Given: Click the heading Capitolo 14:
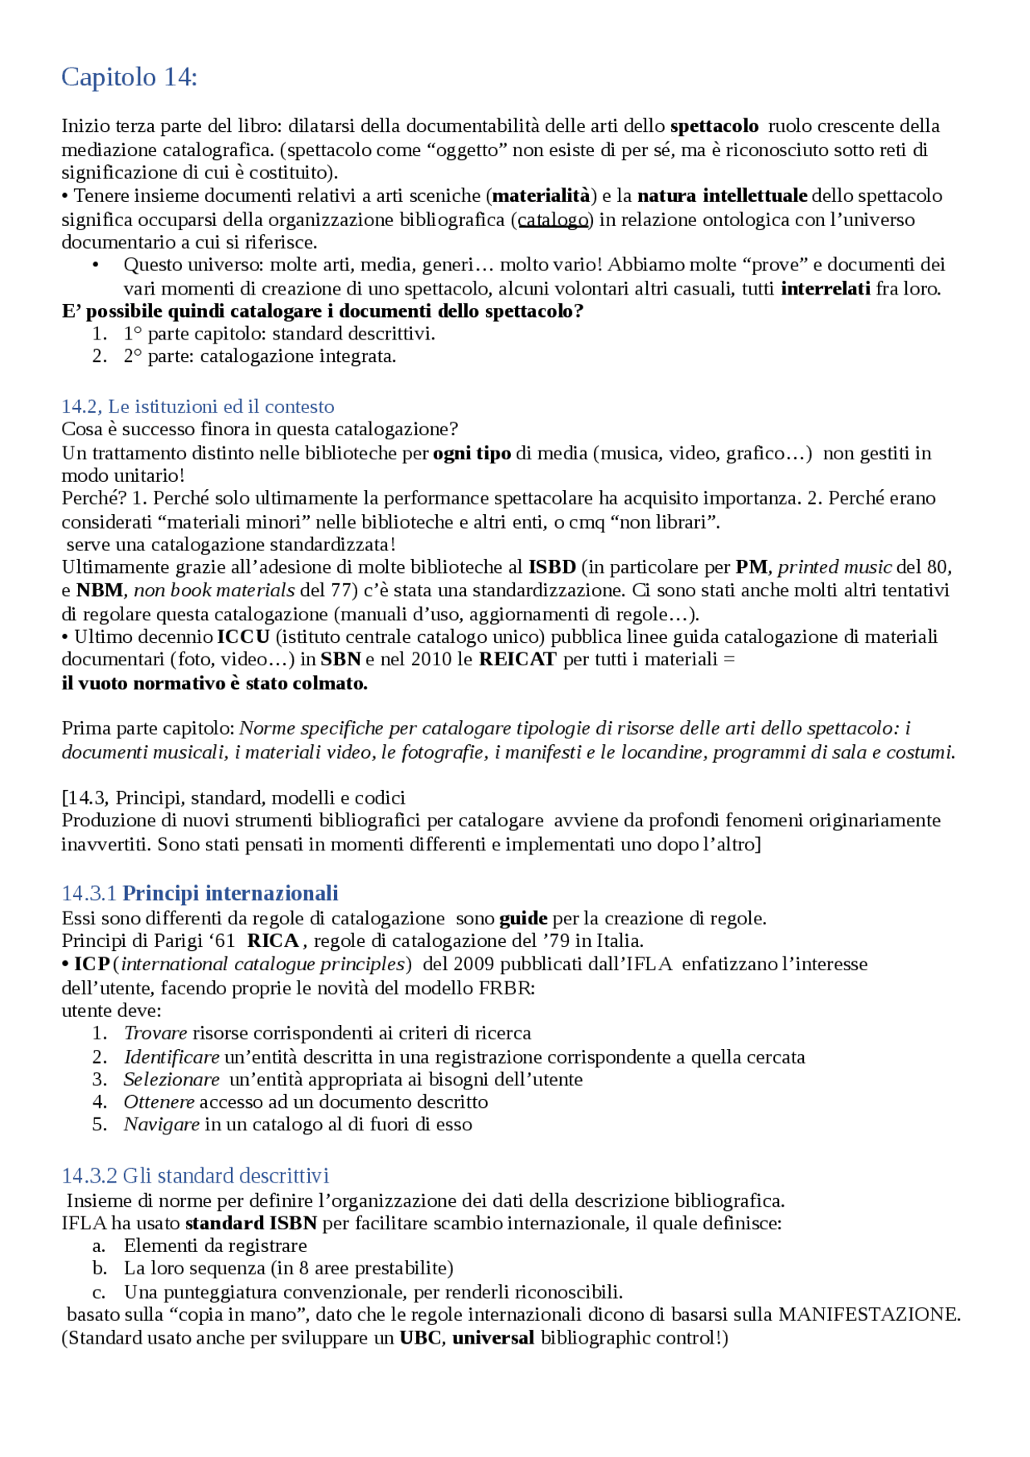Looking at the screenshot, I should tap(129, 77).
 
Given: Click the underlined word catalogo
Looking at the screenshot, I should tap(553, 220).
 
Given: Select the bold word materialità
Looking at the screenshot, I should tap(541, 196).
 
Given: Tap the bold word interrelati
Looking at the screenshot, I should tap(826, 289).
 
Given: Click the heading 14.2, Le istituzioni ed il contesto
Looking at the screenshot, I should tap(198, 406).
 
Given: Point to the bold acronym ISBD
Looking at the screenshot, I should tap(552, 567).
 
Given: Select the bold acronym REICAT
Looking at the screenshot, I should tap(517, 660).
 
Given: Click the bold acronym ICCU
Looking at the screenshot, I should tap(243, 637).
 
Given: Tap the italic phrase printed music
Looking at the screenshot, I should tap(834, 567).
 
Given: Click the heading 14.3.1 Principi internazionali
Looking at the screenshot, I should tap(200, 894).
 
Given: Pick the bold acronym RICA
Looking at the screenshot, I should tap(273, 941).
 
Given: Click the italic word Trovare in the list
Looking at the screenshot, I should tap(155, 1033).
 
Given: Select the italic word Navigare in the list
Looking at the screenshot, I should tap(161, 1125).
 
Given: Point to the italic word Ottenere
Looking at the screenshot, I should tap(159, 1102).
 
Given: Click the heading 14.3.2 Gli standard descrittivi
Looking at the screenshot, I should tap(196, 1176).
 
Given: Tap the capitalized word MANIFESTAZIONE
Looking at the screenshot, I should tap(869, 1315).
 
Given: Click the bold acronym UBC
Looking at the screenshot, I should tap(420, 1338).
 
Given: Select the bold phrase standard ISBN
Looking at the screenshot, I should tap(251, 1224).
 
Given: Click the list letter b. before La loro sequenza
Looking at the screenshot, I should tap(100, 1269).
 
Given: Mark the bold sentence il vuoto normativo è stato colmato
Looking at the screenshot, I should tap(214, 684).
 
